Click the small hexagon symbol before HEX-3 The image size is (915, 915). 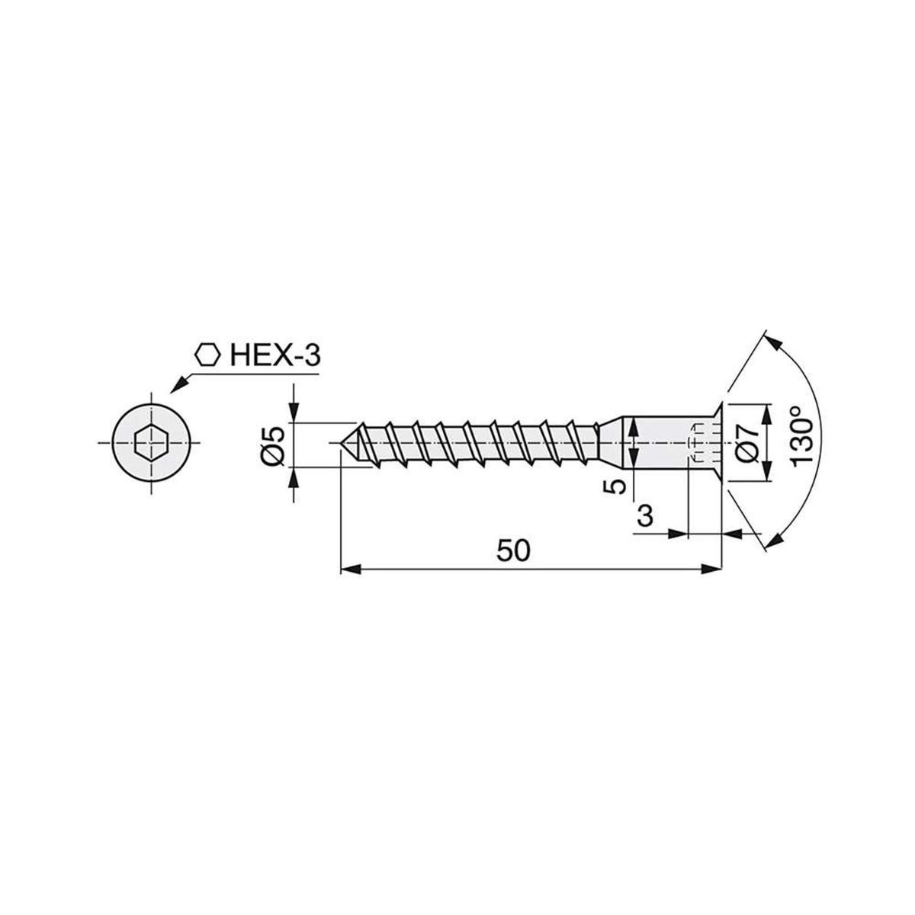[x=207, y=355]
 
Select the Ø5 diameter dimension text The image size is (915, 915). [x=274, y=445]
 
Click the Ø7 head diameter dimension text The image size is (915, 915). [x=749, y=443]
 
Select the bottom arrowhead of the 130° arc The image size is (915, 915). [x=773, y=540]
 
